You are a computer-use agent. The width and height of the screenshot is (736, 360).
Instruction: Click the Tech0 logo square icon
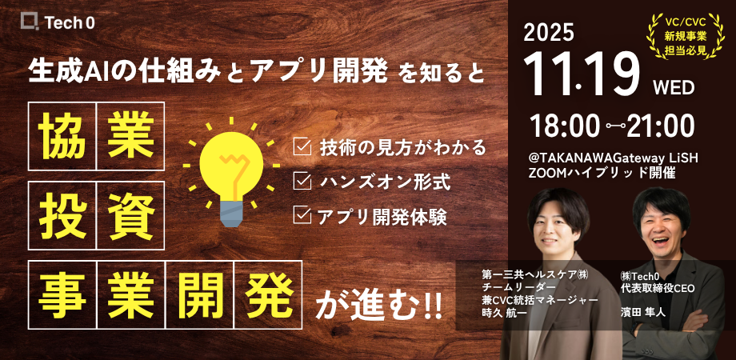click(30, 22)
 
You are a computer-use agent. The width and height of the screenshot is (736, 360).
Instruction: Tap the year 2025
click(549, 33)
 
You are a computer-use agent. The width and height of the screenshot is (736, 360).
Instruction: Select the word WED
click(674, 87)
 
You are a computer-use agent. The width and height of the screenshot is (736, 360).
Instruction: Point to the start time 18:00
click(565, 126)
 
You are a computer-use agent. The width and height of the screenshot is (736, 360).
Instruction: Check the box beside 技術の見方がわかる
click(302, 147)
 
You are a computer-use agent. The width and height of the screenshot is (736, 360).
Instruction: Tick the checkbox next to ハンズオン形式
click(302, 181)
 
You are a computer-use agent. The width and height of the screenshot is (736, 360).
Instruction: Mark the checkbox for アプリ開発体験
click(302, 215)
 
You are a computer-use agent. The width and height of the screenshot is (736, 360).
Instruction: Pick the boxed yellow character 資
click(131, 215)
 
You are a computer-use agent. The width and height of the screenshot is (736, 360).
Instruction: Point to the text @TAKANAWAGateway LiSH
click(614, 159)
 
